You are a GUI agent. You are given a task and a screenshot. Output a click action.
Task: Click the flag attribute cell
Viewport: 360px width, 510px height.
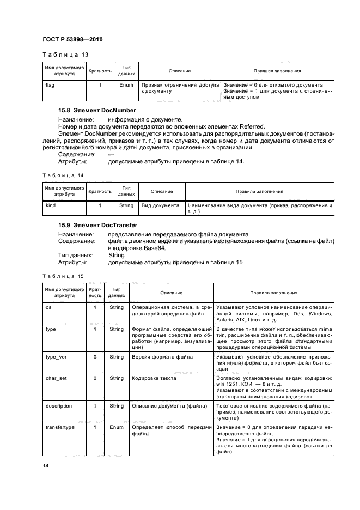coord(50,86)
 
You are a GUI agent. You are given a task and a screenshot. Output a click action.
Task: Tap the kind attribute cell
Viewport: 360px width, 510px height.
coord(50,205)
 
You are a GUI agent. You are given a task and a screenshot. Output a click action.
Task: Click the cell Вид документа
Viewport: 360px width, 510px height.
coord(160,205)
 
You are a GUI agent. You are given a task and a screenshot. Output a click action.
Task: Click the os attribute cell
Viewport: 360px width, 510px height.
coord(47,307)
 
